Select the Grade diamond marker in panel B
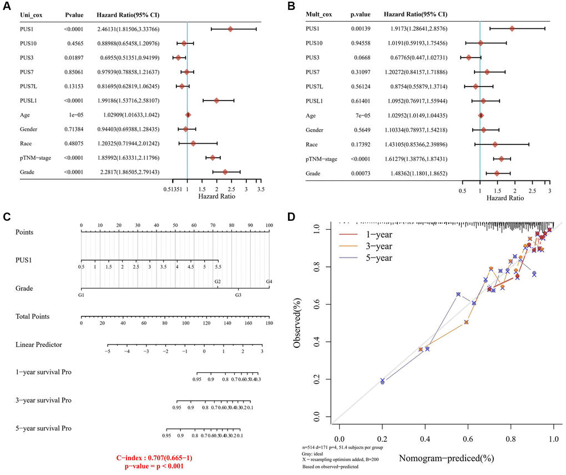click(x=497, y=174)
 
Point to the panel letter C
click(x=7, y=216)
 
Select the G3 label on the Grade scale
click(x=238, y=296)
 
